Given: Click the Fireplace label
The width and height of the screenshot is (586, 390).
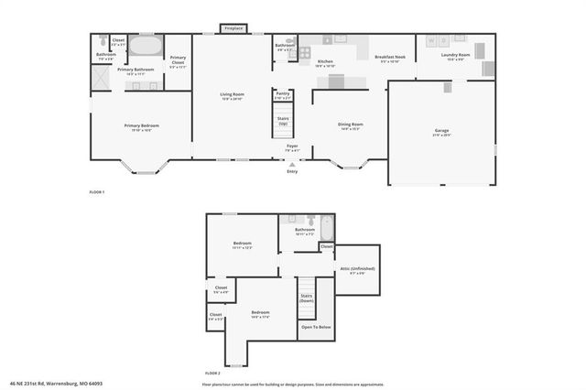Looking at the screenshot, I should (233, 28).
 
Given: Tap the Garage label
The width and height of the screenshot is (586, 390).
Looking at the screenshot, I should (441, 132).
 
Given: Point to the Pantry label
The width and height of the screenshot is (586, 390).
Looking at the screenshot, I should (282, 93).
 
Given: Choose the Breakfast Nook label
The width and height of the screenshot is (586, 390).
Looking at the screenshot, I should (390, 58).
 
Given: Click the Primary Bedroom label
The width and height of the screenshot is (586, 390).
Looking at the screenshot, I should (141, 126).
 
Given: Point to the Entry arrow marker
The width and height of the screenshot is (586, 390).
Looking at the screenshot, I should (292, 164).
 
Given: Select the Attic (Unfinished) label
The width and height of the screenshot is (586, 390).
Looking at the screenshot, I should (357, 269).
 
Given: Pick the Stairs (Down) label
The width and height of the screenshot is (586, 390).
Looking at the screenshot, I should (307, 298).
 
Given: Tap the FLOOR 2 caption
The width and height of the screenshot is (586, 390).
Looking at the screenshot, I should (212, 374).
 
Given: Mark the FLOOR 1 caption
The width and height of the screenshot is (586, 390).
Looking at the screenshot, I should (97, 192).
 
